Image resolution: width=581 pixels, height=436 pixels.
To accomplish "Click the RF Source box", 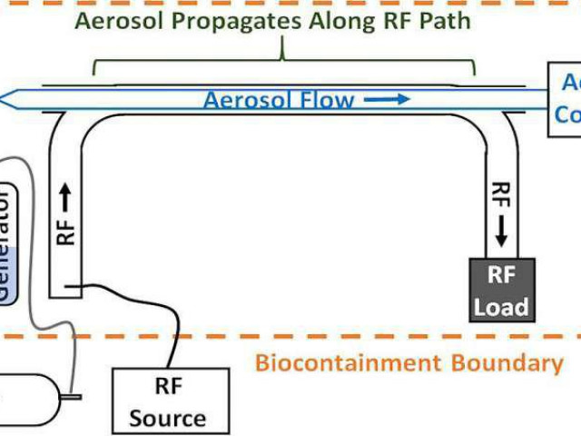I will point(168,400).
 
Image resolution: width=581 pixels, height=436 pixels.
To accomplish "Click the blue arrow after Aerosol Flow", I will point(388,99).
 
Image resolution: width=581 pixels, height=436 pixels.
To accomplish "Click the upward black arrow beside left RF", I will point(65,193).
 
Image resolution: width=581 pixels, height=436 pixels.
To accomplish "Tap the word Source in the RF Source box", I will point(168,418).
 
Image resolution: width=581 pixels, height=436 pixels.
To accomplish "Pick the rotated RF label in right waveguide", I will point(500,196).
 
